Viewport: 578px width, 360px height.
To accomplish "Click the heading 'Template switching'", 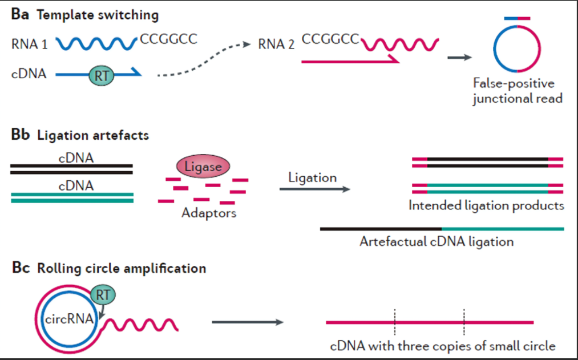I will (98, 14).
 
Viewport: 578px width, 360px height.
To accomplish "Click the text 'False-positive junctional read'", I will (518, 91).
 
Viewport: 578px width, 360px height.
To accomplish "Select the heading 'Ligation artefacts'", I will (94, 136).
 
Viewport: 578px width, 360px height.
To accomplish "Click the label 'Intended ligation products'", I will (486, 205).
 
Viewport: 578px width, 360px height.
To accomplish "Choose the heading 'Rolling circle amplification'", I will (121, 267).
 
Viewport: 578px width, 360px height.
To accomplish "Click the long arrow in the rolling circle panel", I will (248, 322).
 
